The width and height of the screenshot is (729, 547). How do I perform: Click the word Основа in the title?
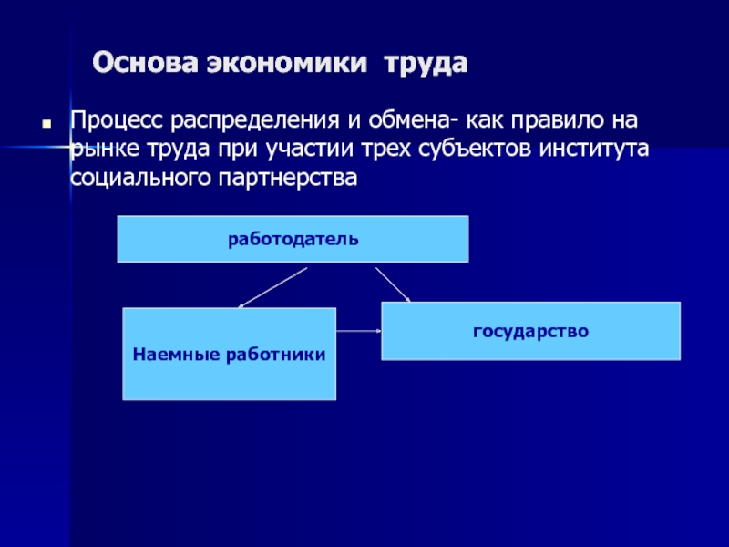(142, 65)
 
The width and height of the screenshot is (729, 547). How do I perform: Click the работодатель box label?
(293, 240)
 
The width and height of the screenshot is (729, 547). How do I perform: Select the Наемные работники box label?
(230, 353)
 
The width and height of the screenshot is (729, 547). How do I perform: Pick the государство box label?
(530, 330)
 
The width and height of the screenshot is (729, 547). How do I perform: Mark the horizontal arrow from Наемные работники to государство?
(359, 332)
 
